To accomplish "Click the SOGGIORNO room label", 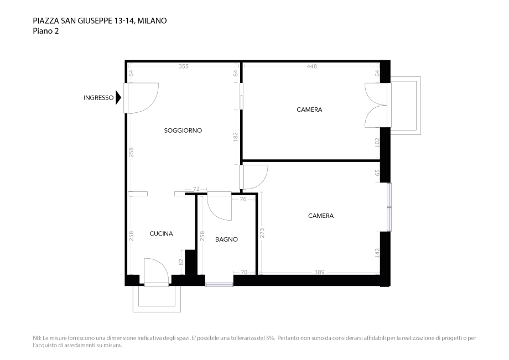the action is [183, 131].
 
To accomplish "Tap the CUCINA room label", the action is [161, 233].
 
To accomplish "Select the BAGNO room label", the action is [226, 239].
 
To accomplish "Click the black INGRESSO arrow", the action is [118, 98].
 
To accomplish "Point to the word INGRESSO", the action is [98, 98].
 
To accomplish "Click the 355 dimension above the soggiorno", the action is [184, 66].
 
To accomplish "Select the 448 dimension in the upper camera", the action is [311, 66].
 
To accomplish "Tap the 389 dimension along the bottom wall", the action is [319, 272].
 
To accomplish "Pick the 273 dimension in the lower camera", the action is [262, 233].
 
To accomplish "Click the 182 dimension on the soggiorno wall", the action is [236, 137].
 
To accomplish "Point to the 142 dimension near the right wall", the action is [377, 253].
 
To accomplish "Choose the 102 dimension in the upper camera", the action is [377, 143].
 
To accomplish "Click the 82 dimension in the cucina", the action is [181, 262].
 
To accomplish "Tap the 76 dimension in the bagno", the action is [243, 200].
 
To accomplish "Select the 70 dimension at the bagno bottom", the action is [244, 272].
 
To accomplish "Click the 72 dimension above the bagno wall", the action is [196, 189].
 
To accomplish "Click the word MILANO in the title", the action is [152, 21].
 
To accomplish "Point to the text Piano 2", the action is [46, 31].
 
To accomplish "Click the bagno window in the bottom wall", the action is [220, 285].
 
